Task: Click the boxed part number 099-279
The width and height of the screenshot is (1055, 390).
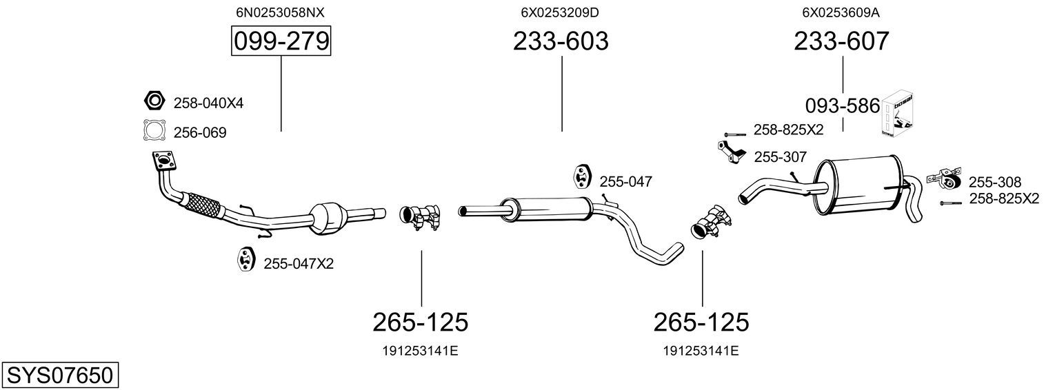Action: (281, 41)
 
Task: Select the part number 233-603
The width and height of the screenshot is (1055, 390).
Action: (561, 41)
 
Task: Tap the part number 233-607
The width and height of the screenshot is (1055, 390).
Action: (841, 41)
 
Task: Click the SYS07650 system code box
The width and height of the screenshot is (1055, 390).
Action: (60, 376)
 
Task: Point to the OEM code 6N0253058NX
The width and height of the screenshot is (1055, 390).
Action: (280, 12)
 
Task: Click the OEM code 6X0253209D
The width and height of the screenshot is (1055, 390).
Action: (559, 12)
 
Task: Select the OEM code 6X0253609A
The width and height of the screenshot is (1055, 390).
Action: (841, 12)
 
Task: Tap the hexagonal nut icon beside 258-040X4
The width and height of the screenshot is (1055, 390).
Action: (154, 100)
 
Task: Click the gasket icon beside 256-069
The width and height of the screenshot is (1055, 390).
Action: (155, 130)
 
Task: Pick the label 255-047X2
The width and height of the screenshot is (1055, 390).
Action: (299, 263)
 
